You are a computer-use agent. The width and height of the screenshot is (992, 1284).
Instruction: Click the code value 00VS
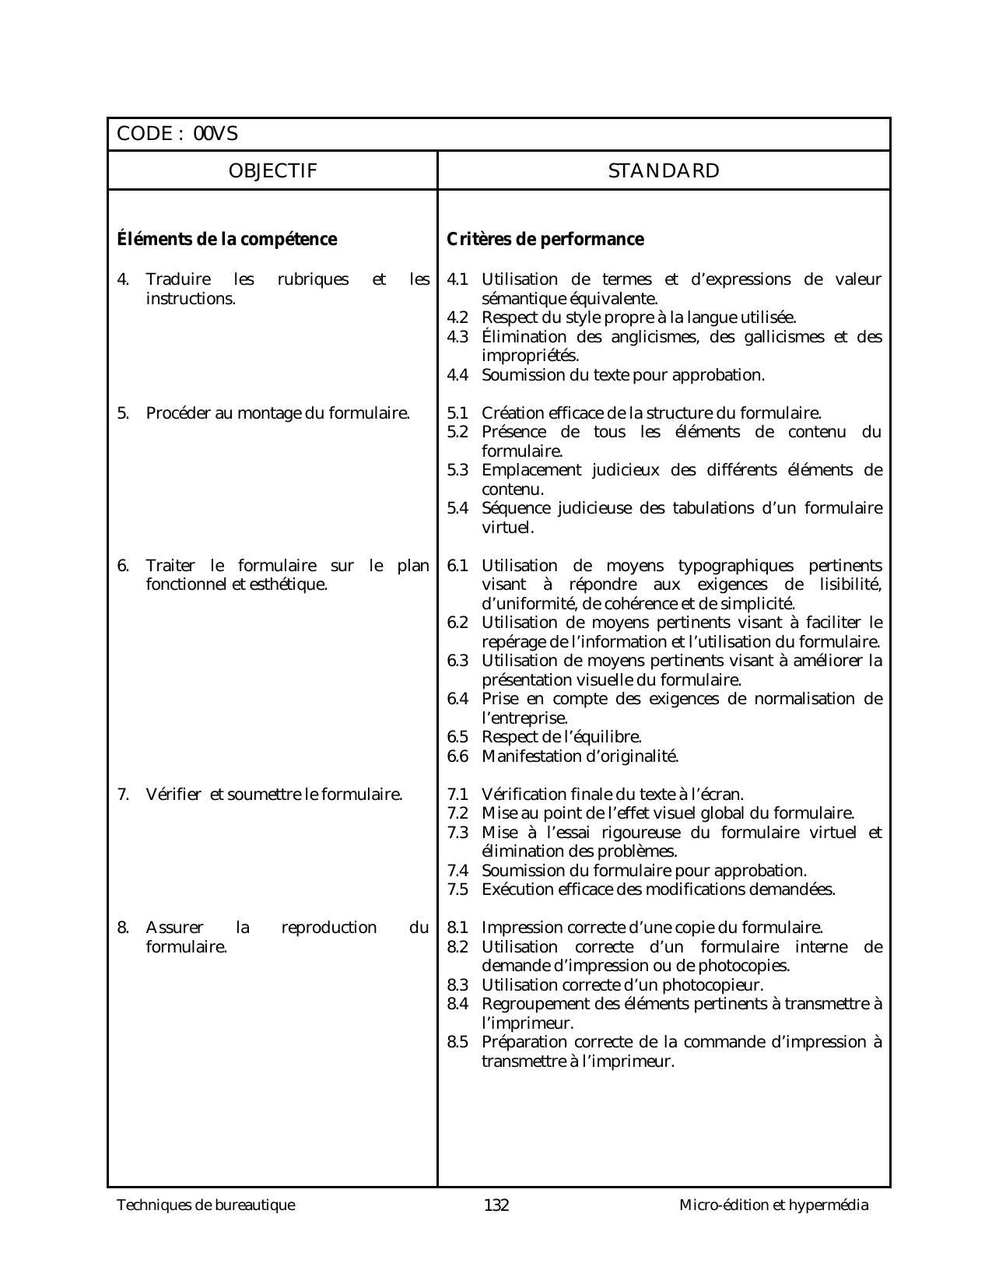click(216, 134)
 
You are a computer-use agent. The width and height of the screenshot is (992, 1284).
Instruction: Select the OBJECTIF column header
click(272, 171)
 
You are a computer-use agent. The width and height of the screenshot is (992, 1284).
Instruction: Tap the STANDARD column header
click(664, 171)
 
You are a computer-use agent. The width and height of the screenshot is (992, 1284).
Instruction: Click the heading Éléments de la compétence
click(226, 239)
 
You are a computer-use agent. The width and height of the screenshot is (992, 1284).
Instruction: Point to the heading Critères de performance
click(545, 239)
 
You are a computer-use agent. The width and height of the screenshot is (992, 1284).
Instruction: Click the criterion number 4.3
click(457, 337)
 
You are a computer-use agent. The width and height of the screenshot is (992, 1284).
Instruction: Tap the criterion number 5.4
click(457, 508)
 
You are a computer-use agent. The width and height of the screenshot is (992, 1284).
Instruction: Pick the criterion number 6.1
click(457, 566)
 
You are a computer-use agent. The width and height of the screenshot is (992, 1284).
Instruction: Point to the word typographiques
click(736, 566)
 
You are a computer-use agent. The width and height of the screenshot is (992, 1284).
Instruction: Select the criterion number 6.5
click(457, 737)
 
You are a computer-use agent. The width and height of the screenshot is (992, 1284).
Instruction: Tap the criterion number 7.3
click(457, 833)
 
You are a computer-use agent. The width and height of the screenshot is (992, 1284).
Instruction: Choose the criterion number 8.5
click(457, 1042)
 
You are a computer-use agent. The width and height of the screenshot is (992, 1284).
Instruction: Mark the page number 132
click(496, 1205)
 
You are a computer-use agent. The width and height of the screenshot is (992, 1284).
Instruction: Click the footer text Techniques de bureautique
click(206, 1205)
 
